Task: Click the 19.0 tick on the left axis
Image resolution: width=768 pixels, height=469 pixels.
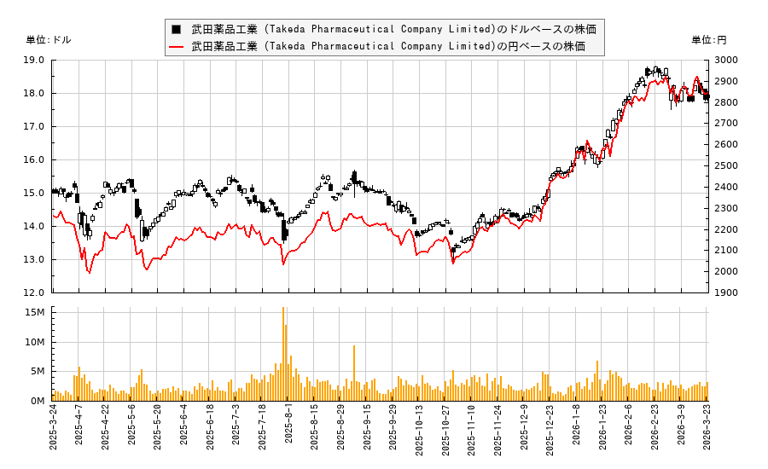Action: click(35, 60)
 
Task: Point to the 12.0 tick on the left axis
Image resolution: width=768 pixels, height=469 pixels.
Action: click(35, 292)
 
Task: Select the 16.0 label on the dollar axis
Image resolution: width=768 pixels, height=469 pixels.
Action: click(35, 159)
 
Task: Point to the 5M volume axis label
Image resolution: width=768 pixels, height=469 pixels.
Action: click(36, 372)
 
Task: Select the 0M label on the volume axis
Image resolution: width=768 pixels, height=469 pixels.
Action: click(36, 401)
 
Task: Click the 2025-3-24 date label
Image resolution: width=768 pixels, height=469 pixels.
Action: click(53, 434)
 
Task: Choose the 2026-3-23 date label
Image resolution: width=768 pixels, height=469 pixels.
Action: click(707, 434)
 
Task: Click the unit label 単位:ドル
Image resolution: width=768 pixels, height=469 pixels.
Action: click(49, 40)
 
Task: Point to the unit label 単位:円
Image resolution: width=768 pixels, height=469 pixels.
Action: click(709, 40)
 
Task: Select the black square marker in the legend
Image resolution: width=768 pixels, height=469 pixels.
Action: click(176, 29)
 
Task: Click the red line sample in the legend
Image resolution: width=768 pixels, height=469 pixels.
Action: click(176, 46)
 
